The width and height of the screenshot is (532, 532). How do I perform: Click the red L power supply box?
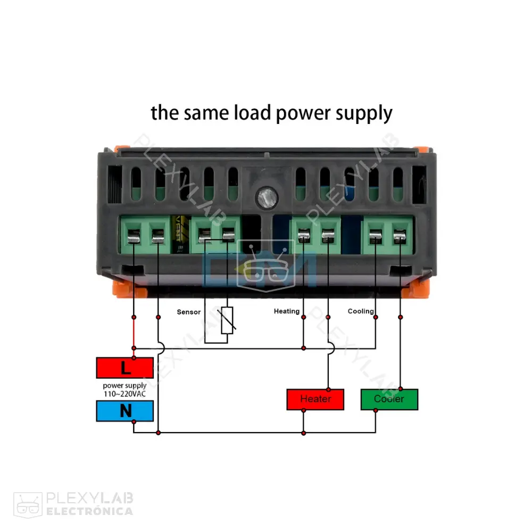click(125, 367)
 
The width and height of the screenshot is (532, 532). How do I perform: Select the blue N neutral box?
click(125, 411)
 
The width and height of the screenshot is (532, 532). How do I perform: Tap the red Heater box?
click(315, 399)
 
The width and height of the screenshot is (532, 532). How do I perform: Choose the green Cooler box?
click(389, 399)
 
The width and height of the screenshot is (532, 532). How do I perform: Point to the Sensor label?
click(189, 312)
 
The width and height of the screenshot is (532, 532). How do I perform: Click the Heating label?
click(287, 311)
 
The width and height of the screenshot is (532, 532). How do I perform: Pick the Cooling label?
click(361, 311)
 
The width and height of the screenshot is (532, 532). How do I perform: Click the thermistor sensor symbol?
click(228, 321)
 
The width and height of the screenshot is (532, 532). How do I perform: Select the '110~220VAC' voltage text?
click(124, 394)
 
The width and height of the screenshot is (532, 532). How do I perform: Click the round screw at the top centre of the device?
click(264, 198)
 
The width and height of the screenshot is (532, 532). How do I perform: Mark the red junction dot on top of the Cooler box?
click(400, 389)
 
